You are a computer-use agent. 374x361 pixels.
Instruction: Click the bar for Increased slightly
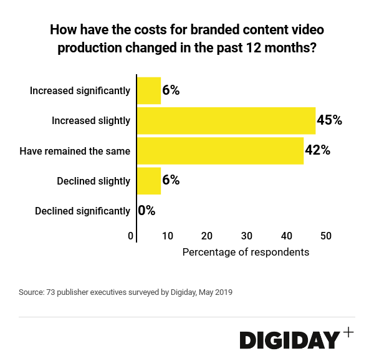click(x=226, y=120)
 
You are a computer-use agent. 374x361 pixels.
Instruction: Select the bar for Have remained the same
click(x=220, y=151)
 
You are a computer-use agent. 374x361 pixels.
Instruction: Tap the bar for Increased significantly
click(x=149, y=90)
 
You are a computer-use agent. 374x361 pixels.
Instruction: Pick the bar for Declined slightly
click(x=149, y=181)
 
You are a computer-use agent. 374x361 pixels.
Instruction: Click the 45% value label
click(x=330, y=120)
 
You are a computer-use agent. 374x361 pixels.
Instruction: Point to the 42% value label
click(x=317, y=151)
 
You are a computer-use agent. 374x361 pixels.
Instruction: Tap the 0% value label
click(x=146, y=211)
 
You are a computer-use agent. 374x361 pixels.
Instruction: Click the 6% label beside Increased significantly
click(x=171, y=90)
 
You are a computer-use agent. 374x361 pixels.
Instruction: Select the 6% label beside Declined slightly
click(x=171, y=181)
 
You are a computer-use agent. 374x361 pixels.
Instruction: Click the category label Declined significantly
click(x=82, y=211)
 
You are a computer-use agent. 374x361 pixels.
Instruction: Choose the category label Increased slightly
click(x=91, y=121)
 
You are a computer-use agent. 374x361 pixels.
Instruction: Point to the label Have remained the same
click(x=75, y=151)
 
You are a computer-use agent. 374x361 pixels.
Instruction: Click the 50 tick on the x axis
click(x=326, y=236)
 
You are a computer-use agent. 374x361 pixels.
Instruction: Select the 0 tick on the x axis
click(x=131, y=236)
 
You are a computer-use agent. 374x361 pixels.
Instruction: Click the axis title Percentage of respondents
click(x=246, y=253)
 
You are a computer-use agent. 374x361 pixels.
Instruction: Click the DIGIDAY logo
click(x=290, y=340)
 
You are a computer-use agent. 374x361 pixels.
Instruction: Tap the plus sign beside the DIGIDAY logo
click(x=348, y=332)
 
